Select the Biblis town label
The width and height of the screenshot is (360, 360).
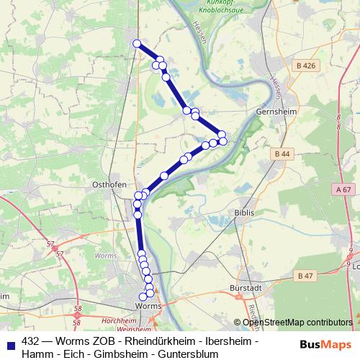tap(245, 213)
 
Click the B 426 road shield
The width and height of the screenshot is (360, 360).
tap(305, 66)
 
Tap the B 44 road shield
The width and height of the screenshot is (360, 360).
tap(282, 154)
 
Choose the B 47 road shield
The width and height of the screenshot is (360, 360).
tap(305, 275)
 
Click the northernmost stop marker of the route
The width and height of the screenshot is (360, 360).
tap(137, 43)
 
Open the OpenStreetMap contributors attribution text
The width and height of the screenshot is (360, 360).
tap(297, 323)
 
